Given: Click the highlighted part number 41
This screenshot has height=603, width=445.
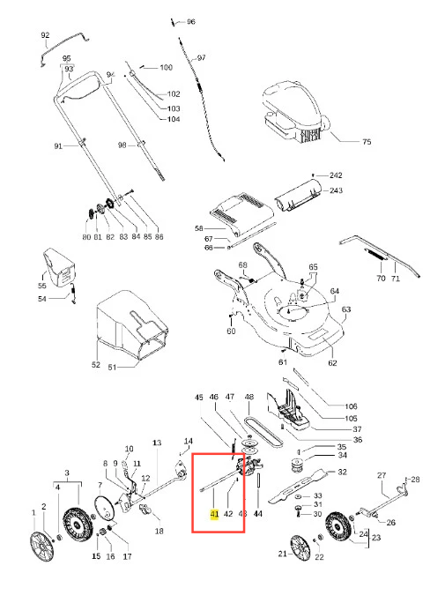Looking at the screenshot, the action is [214, 514].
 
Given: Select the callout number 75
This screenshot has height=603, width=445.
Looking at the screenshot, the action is [367, 142].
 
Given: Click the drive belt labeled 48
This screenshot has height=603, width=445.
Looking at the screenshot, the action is [265, 432].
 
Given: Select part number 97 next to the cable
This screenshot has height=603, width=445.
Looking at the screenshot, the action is [202, 57].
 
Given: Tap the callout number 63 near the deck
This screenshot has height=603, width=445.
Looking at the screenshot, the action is [345, 309].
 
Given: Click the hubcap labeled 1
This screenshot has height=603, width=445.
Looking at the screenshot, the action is [41, 547].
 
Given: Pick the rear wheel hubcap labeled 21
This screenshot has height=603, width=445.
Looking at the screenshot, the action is [300, 547].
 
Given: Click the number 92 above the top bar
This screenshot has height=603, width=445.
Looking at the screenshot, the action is [45, 35].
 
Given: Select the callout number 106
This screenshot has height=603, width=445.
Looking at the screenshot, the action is [351, 406].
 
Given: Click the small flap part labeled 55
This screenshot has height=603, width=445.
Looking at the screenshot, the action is [59, 267].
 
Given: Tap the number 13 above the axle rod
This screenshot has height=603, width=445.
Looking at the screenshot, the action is [157, 443].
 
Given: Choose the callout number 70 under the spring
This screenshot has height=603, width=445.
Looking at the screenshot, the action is [381, 278].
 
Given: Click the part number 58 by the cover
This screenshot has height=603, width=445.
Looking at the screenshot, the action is [198, 228].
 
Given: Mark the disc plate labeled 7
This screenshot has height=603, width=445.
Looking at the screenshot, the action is [105, 509].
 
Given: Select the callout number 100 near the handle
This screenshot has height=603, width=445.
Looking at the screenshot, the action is [166, 67].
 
